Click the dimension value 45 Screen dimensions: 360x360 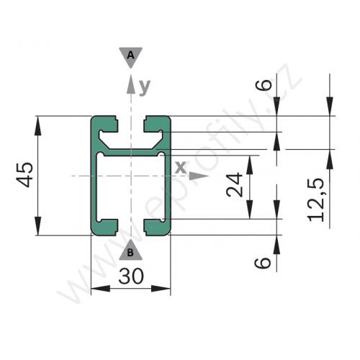tap(24, 175)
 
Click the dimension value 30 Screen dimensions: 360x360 tap(131, 276)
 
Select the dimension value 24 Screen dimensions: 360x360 tap(235, 184)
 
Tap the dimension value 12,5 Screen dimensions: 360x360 tap(316, 199)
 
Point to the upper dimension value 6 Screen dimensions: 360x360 tap(264, 85)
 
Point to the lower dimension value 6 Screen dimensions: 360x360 tap(263, 263)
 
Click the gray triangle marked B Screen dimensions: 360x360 tap(130, 250)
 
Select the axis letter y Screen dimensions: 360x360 tap(145, 87)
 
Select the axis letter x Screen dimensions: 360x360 tap(181, 167)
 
